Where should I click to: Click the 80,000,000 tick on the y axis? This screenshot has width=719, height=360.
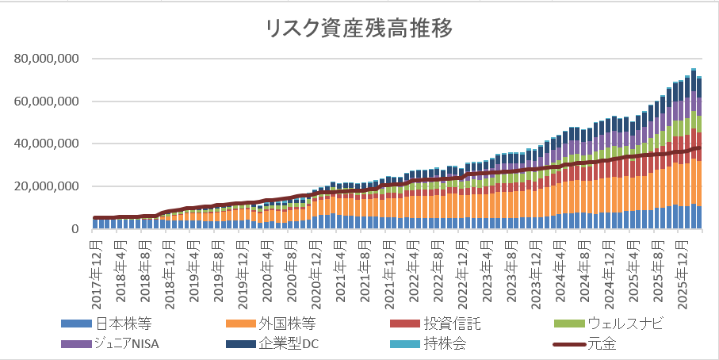click(x=45, y=59)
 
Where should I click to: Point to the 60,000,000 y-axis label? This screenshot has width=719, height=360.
click(x=45, y=101)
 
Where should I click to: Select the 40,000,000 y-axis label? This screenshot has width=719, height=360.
click(x=45, y=144)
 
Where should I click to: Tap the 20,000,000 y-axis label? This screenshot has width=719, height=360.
click(x=45, y=187)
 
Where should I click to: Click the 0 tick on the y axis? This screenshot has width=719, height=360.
click(x=75, y=230)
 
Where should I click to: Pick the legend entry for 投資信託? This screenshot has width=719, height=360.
click(x=453, y=323)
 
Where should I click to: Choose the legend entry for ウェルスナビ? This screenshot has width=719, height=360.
click(x=625, y=323)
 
